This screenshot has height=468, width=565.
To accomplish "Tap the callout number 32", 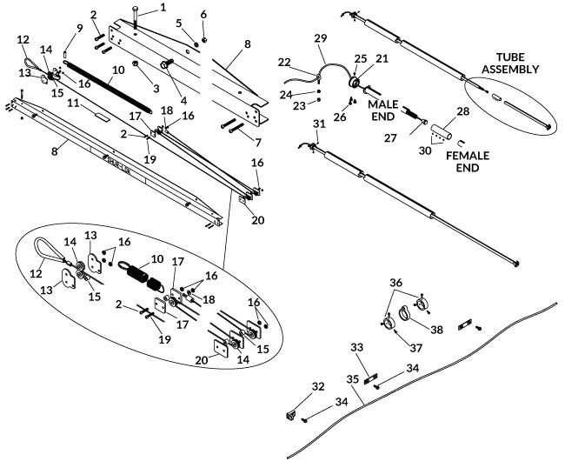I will click(317, 385).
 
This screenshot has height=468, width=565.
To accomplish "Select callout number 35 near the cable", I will click(352, 378).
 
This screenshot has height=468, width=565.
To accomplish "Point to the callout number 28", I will click(464, 111).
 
